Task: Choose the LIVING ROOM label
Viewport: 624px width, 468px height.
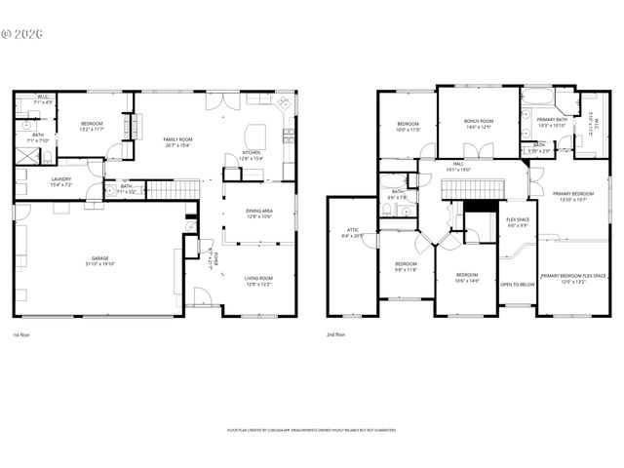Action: [258, 281]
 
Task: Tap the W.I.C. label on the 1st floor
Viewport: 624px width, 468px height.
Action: [43, 98]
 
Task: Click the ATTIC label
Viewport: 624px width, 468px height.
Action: [352, 233]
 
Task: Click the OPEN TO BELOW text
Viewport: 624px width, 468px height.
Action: [517, 285]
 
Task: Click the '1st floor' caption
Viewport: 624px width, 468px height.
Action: [21, 335]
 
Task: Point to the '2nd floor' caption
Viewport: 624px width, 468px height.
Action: [336, 335]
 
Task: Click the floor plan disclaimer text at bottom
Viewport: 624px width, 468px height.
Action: [311, 429]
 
